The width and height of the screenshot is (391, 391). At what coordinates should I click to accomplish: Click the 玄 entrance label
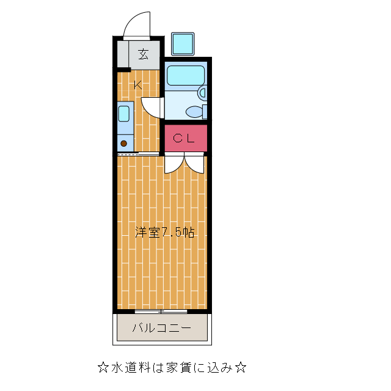(x=142, y=54)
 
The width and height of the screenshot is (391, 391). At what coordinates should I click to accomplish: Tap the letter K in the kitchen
(x=138, y=85)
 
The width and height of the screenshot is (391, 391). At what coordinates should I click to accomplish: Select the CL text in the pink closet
(x=183, y=138)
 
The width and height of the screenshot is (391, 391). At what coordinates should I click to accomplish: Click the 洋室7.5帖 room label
(x=164, y=232)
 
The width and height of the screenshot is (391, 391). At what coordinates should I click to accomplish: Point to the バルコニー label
(x=162, y=329)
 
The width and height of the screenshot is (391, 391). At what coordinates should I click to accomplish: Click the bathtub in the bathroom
(x=186, y=76)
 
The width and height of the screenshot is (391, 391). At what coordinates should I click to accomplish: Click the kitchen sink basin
(x=124, y=114)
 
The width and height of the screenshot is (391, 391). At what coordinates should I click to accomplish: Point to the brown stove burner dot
(x=123, y=144)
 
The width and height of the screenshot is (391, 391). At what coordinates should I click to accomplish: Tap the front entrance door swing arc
(x=136, y=24)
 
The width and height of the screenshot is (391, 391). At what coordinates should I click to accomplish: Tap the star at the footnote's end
(x=241, y=367)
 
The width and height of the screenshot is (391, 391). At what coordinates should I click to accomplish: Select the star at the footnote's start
(x=103, y=367)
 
